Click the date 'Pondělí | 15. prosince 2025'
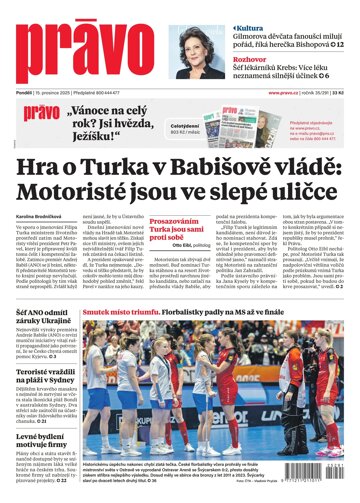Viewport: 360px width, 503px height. click(x=44, y=93)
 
